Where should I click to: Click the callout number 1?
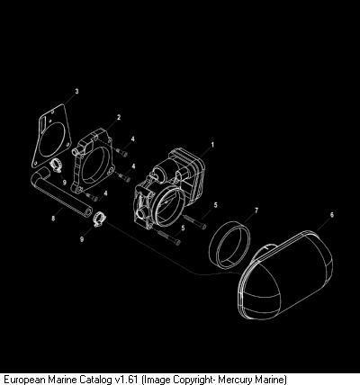click(x=212, y=145)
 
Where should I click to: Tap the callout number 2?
click(x=119, y=117)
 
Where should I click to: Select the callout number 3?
click(x=76, y=91)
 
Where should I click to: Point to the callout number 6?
click(x=332, y=215)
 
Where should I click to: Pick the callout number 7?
click(x=256, y=210)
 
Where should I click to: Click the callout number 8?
click(x=53, y=219)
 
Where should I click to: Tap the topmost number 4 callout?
click(x=132, y=139)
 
